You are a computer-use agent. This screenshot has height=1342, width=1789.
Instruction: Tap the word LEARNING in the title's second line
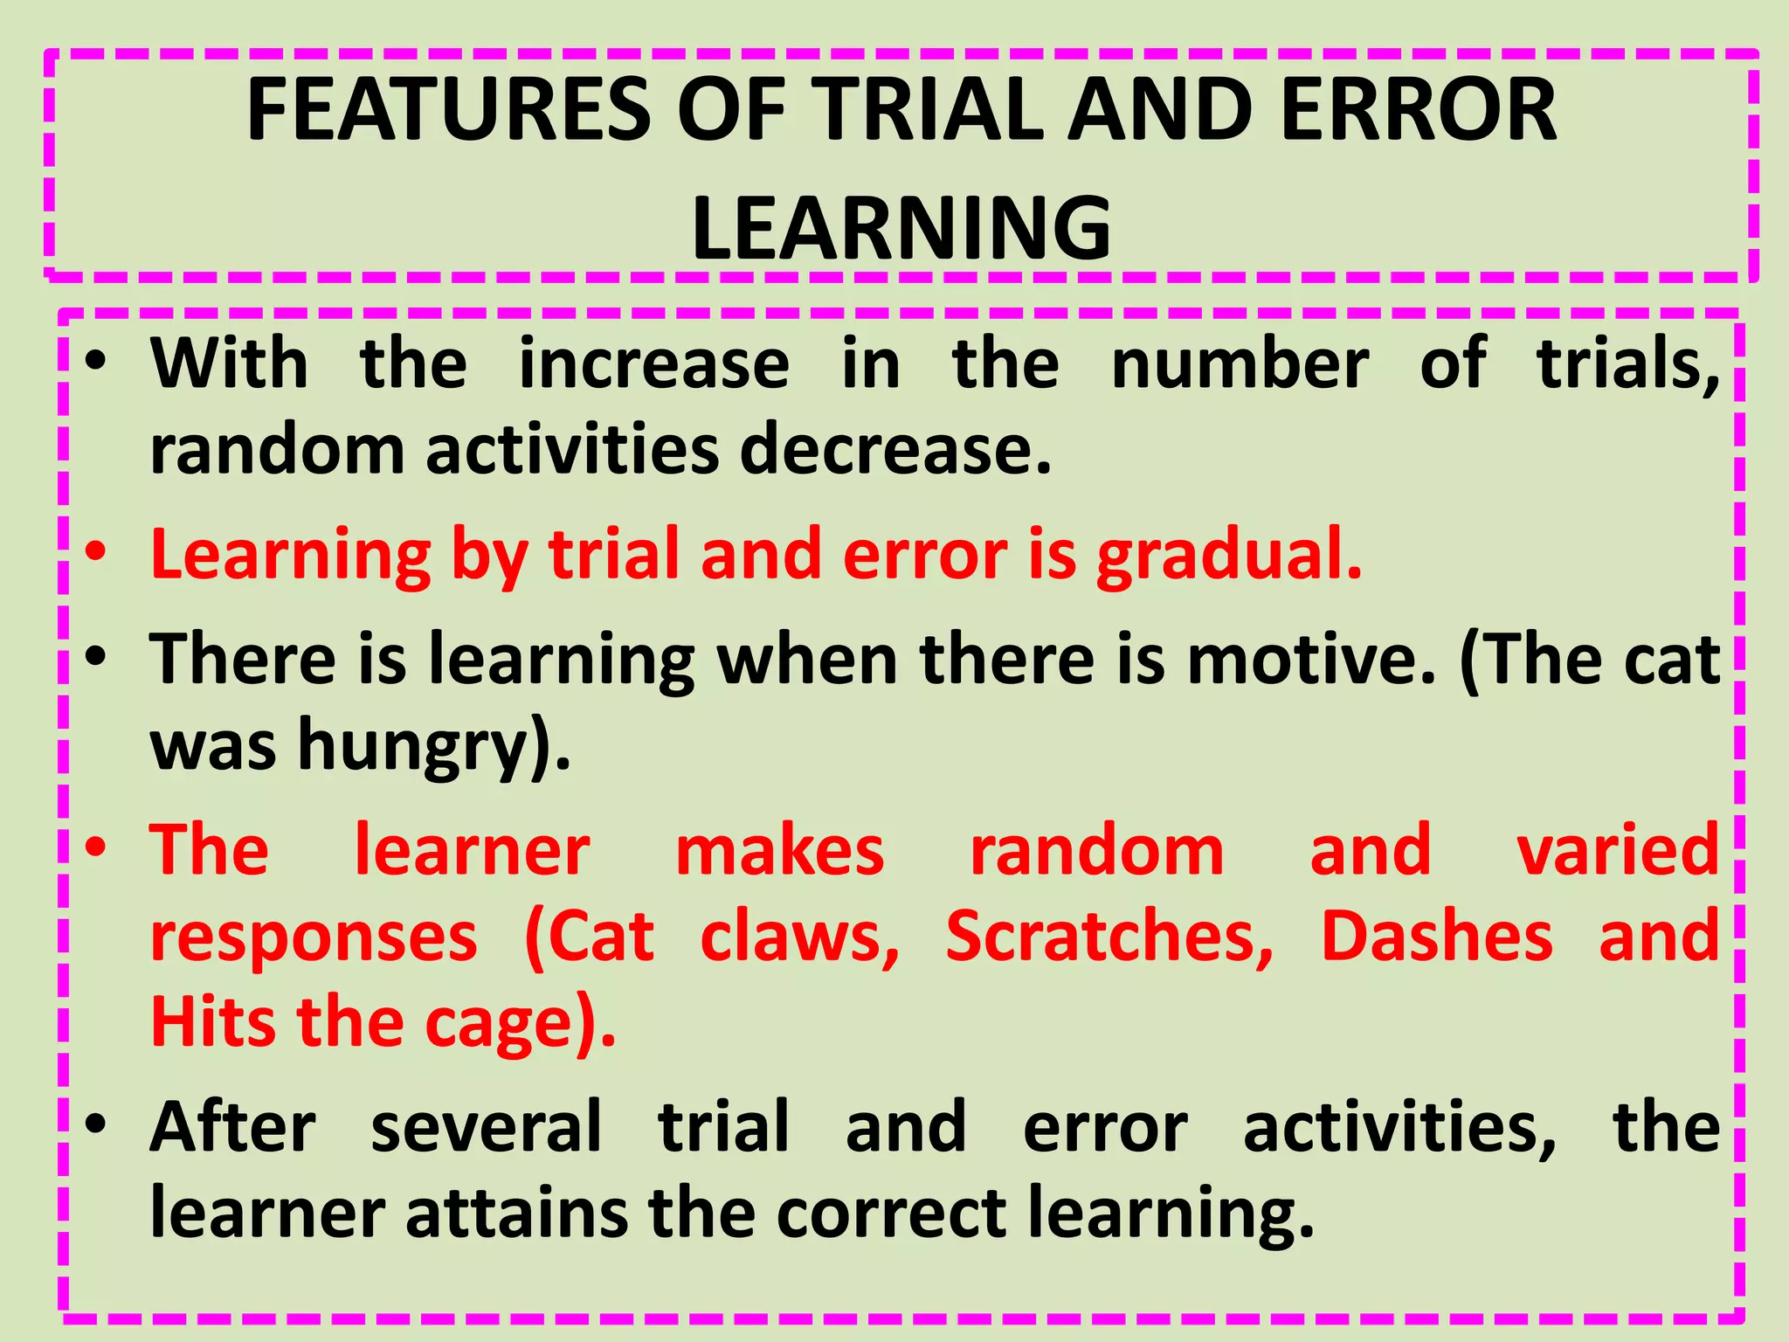[x=901, y=229]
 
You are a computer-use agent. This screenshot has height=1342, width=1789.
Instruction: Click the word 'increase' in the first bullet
[x=654, y=364]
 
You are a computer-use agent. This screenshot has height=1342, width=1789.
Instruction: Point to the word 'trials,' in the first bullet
[x=1628, y=364]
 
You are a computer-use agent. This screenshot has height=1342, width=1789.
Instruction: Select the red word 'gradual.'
[x=1229, y=557]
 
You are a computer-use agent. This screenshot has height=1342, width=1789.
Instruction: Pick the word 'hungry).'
[x=434, y=747]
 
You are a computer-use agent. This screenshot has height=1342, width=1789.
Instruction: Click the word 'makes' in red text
[x=780, y=852]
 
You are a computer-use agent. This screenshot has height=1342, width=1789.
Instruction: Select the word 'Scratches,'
[x=1109, y=937]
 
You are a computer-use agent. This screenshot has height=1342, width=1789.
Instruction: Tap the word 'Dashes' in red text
[x=1436, y=937]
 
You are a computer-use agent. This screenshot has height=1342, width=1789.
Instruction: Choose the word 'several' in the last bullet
[x=487, y=1128]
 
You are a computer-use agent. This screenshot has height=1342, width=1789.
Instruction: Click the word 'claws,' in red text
[x=799, y=937]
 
